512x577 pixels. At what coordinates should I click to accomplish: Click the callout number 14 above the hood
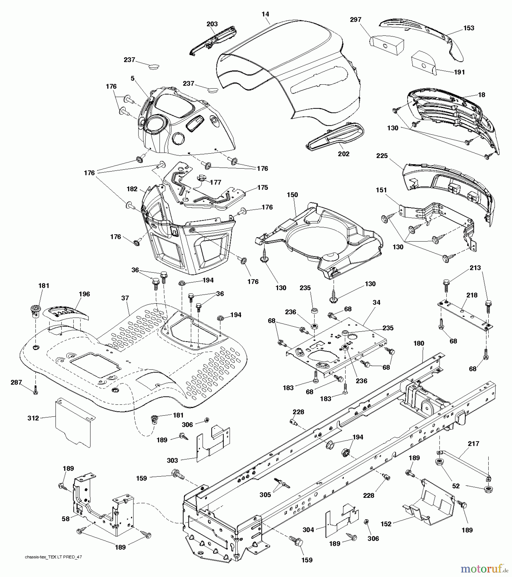[x=265, y=14]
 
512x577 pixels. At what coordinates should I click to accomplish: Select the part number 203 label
[x=212, y=24]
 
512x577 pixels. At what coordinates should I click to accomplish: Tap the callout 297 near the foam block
[x=356, y=20]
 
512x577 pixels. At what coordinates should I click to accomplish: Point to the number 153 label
[x=469, y=28]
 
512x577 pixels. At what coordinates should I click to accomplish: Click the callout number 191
[x=459, y=72]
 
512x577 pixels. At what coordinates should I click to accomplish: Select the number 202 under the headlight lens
[x=344, y=154]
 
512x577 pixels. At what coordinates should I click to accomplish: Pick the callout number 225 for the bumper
[x=382, y=156]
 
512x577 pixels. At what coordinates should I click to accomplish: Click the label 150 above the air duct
[x=292, y=195]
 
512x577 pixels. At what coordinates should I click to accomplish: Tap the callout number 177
[x=215, y=182]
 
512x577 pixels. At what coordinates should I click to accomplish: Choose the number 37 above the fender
[x=125, y=298]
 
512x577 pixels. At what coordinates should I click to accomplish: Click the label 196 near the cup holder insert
[x=84, y=294]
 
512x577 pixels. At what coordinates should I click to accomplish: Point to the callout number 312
[x=33, y=418]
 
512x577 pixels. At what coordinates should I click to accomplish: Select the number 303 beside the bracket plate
[x=172, y=460]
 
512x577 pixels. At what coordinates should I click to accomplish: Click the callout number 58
[x=65, y=518]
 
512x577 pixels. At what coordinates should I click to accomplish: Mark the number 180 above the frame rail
[x=419, y=343]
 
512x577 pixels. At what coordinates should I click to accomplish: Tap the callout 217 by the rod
[x=474, y=444]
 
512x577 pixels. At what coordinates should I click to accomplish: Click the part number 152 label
[x=386, y=524]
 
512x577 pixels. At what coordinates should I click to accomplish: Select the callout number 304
[x=308, y=530]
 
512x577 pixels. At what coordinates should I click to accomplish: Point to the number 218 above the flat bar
[x=472, y=295]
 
